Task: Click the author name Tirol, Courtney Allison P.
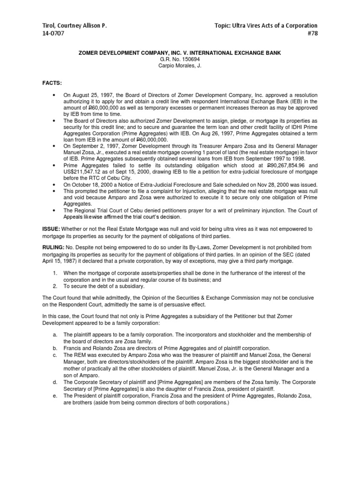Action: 75,25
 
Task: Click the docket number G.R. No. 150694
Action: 180,60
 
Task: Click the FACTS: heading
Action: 52,82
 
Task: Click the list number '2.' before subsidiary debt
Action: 55,285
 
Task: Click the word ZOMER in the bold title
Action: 91,53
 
